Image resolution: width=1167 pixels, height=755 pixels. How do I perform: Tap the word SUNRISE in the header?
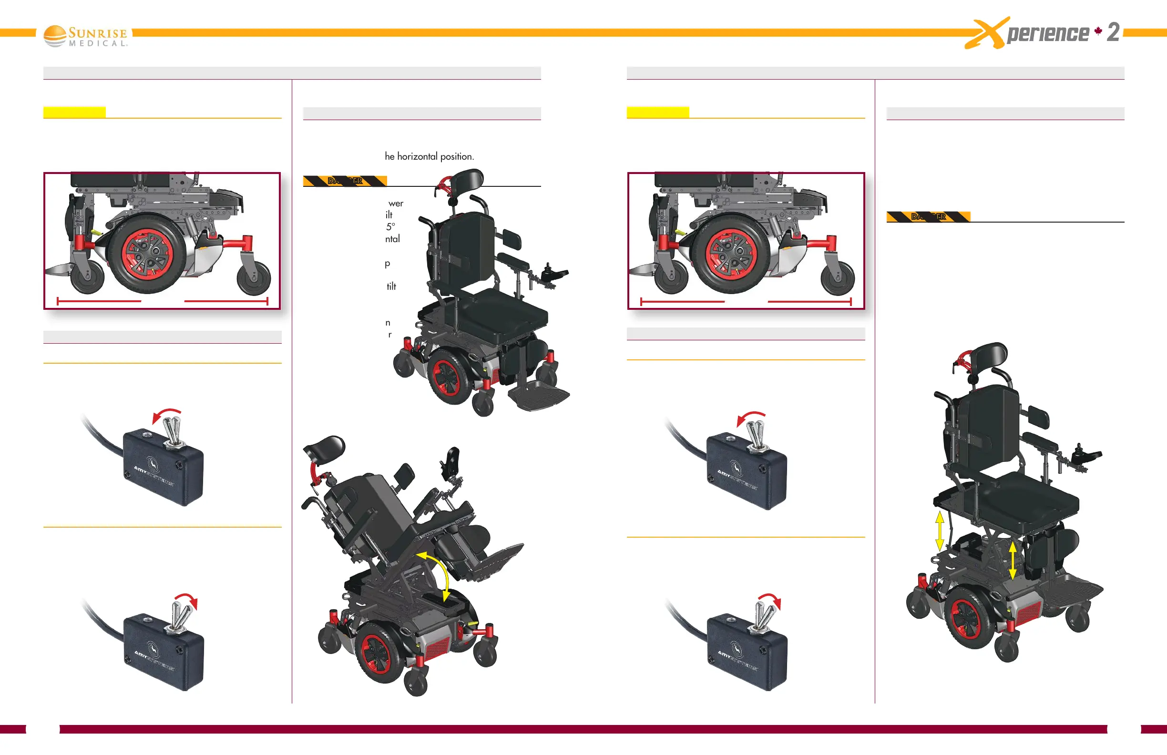pos(98,33)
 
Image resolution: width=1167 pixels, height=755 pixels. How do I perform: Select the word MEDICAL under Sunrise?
pos(98,44)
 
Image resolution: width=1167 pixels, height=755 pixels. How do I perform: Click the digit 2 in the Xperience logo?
pos(1113,32)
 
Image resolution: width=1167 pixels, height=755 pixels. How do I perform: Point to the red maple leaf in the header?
pos(1098,31)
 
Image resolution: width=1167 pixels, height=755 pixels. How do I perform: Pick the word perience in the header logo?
pos(1047,33)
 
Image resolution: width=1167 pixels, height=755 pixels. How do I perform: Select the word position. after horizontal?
pos(457,156)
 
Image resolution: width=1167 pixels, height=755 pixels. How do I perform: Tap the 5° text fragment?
pos(390,226)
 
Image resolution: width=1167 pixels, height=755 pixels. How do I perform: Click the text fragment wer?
pos(396,203)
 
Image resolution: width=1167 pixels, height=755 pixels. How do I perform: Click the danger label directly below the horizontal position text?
pos(345,181)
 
